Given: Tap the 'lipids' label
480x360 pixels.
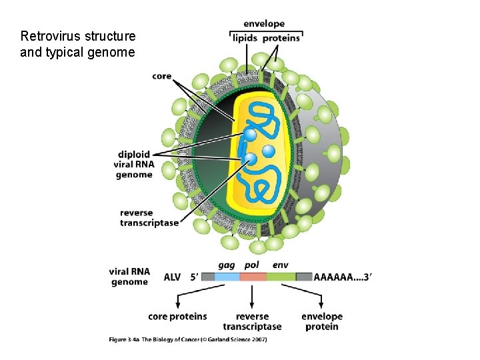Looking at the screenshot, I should pos(245,38).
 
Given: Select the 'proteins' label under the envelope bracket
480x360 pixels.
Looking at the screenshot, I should pos(281,38).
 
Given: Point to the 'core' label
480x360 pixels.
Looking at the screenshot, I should pos(162,76).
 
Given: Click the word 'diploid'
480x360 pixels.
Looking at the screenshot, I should pos(134,155).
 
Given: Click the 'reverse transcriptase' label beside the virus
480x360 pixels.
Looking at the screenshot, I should pos(149,218).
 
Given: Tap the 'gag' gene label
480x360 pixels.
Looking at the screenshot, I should pos(227,265).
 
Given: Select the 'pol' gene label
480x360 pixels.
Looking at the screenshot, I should pos(252,265).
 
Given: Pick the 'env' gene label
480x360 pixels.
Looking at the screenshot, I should pos(280,265).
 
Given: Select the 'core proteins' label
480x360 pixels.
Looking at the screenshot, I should pos(177,317).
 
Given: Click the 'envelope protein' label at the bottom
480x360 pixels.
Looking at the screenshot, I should pos(322,321).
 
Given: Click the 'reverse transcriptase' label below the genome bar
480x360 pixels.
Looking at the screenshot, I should pos(252,321).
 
